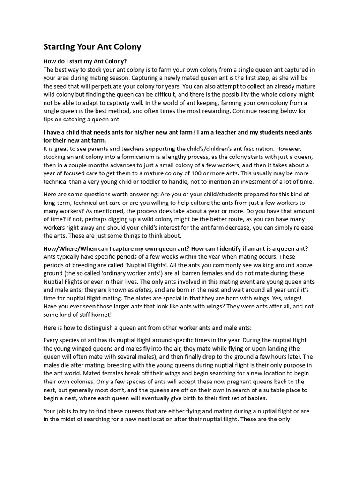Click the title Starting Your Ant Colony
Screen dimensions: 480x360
point(92,47)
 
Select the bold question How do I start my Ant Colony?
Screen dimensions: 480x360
point(85,62)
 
